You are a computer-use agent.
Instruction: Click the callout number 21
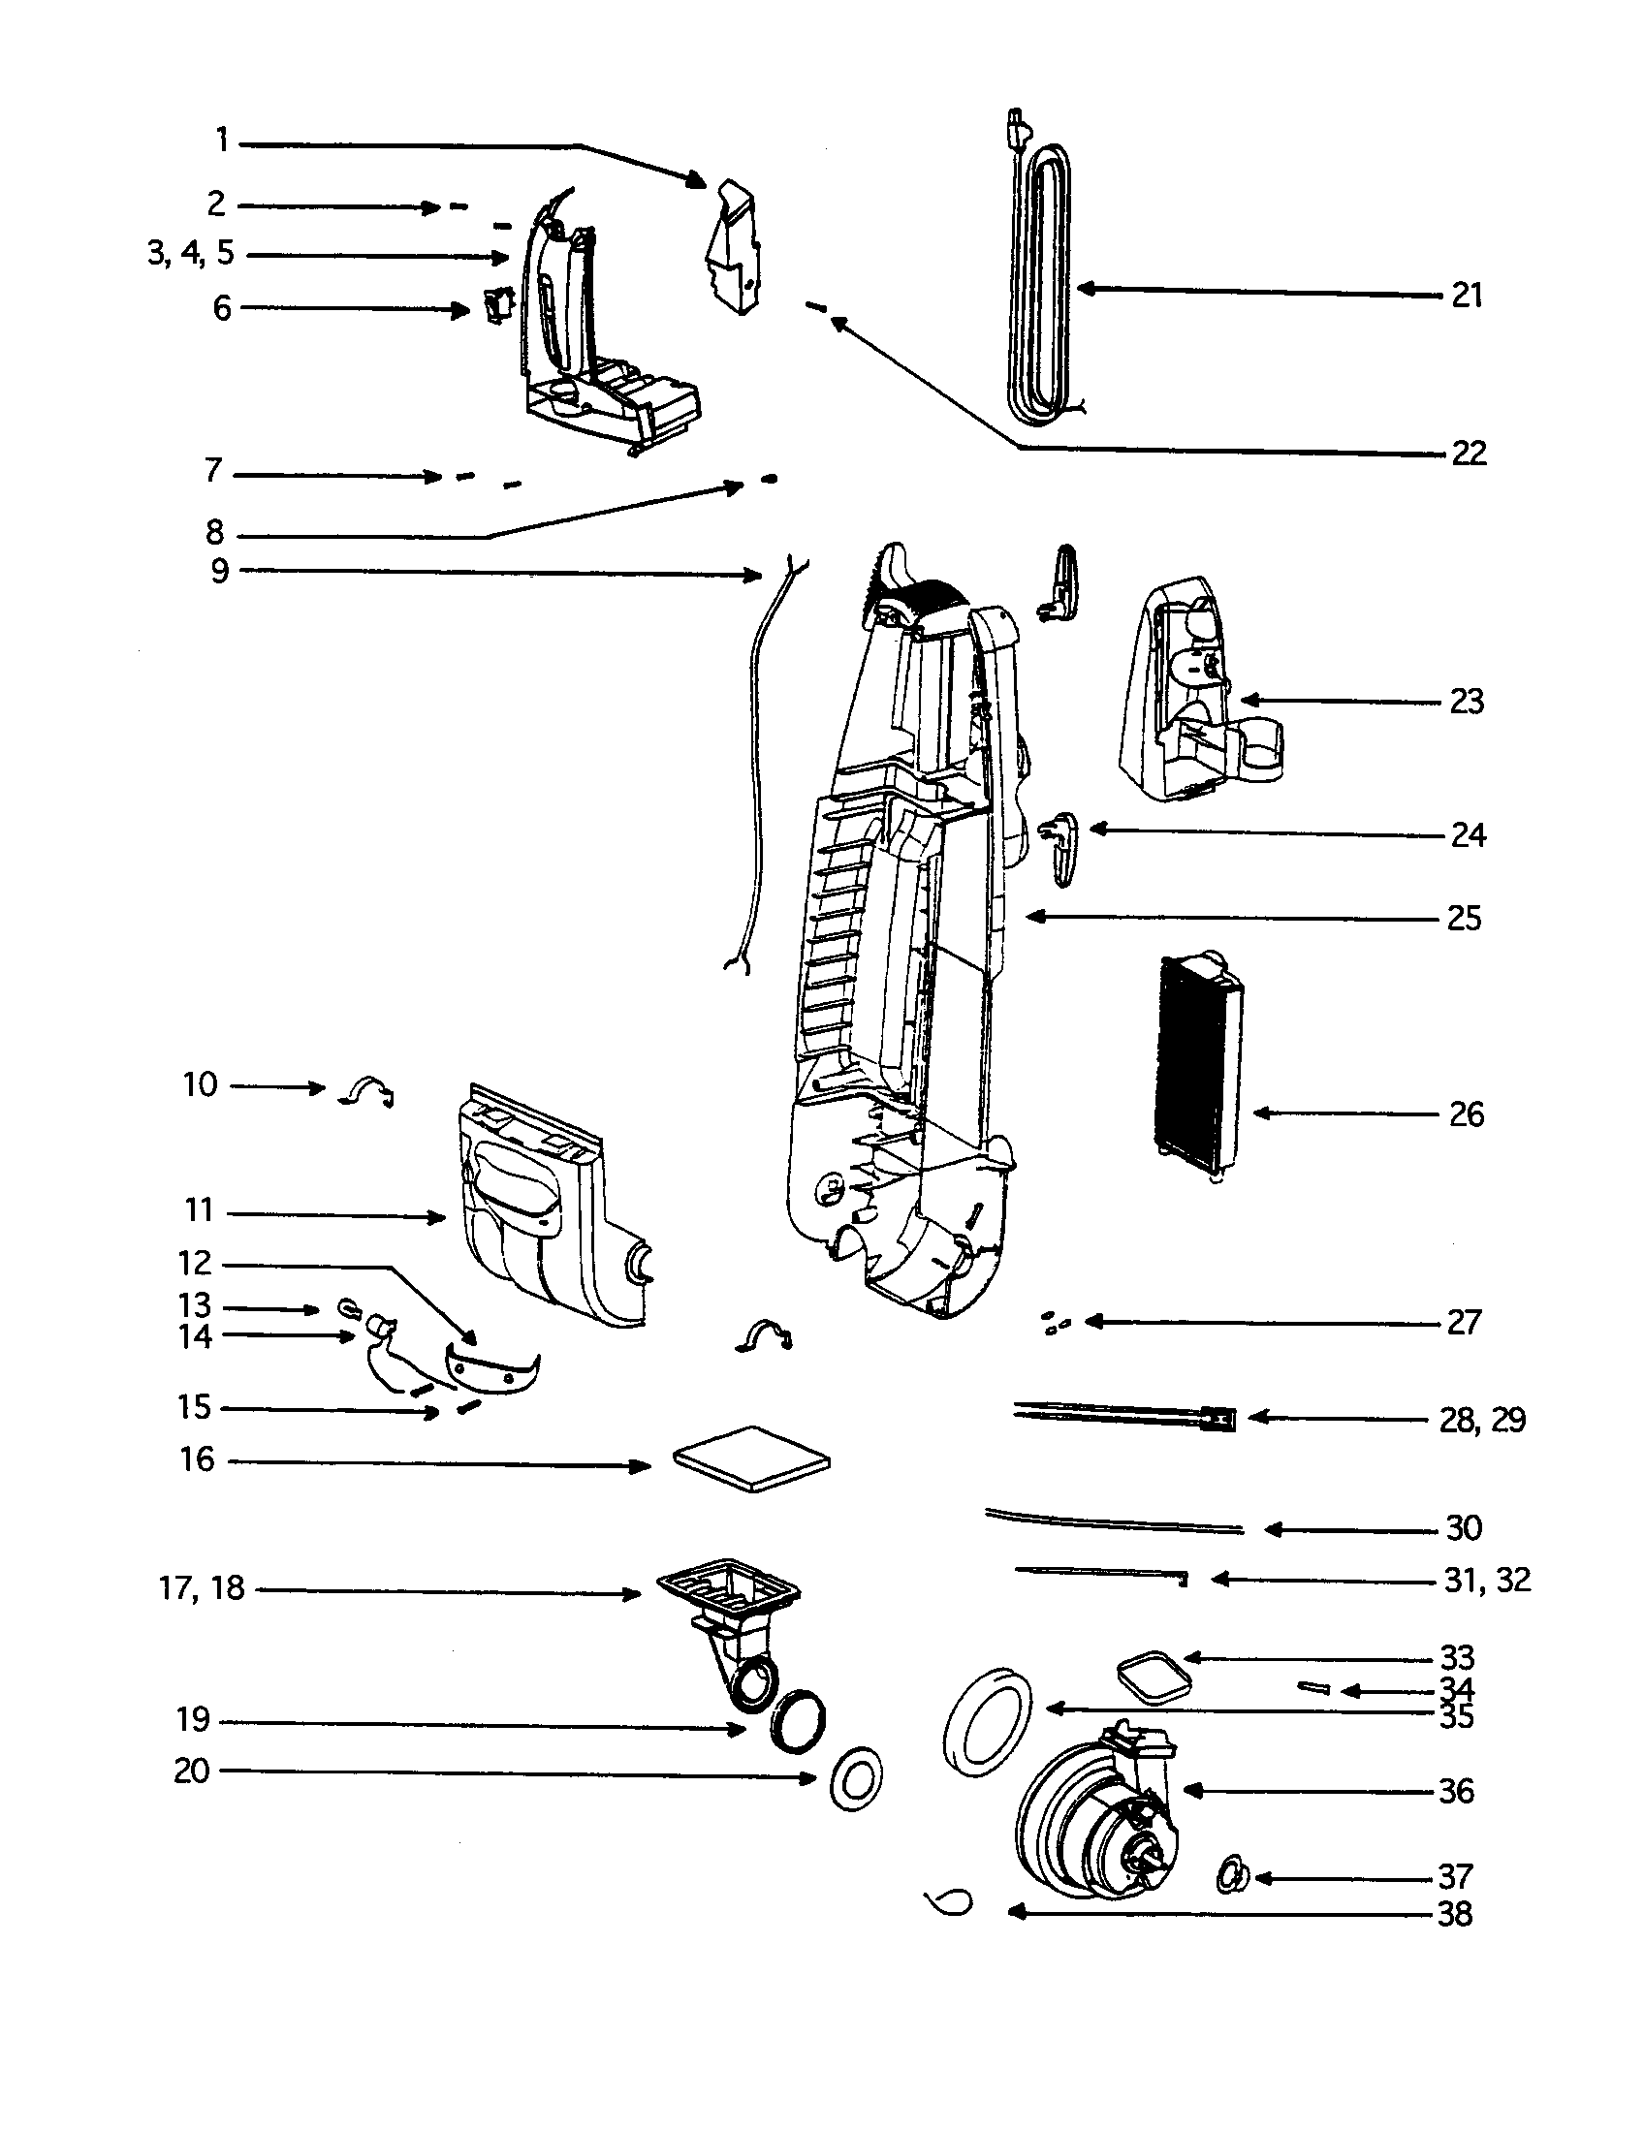pos(1467,295)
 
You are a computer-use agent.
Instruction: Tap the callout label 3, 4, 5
pos(191,253)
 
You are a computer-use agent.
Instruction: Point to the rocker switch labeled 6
pos(498,306)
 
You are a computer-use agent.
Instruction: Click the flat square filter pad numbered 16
pos(751,1458)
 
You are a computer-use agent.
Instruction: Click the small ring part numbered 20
pos(855,1780)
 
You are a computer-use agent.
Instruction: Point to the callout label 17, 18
pos(201,1588)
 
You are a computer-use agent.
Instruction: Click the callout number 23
pos(1467,701)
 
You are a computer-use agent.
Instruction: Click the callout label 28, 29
pos(1482,1420)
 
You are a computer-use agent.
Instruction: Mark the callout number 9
pos(220,570)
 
